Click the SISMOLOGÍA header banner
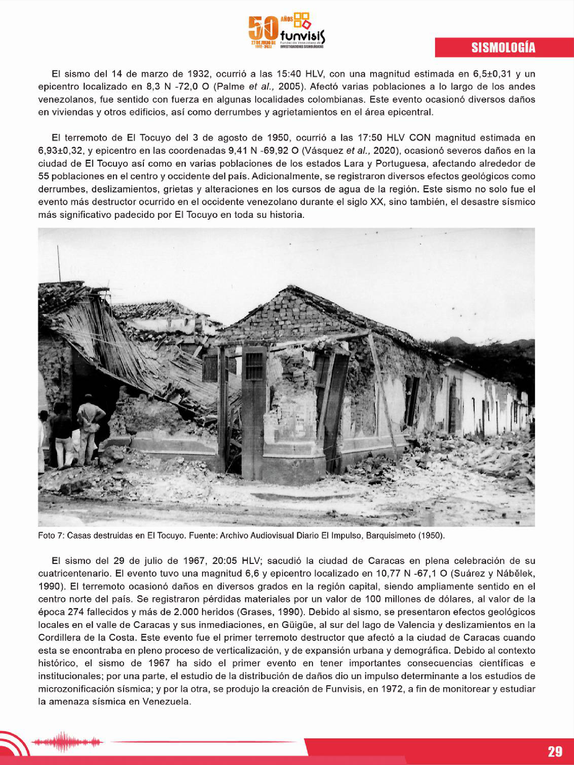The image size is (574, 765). (504, 47)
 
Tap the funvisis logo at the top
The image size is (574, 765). (287, 31)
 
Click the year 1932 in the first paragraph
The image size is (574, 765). (199, 74)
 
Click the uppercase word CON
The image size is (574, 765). (420, 138)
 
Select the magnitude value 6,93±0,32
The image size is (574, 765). (61, 151)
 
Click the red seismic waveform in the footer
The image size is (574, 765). (67, 741)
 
